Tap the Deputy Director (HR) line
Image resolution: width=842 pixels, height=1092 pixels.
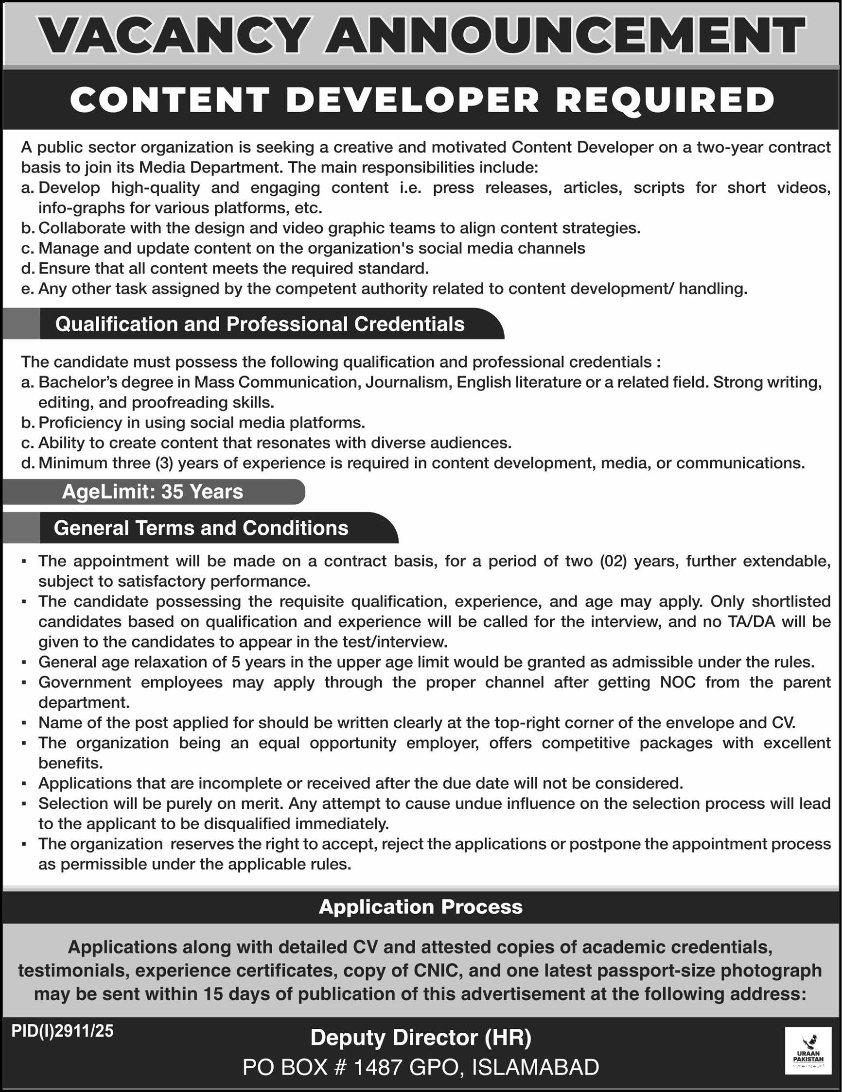click(421, 1038)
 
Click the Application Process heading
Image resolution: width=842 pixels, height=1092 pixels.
click(421, 906)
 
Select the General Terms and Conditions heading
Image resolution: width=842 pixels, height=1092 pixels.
click(201, 528)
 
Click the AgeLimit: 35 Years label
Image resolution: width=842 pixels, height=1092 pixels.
click(153, 492)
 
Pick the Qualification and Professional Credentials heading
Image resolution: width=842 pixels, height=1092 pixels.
click(260, 324)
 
